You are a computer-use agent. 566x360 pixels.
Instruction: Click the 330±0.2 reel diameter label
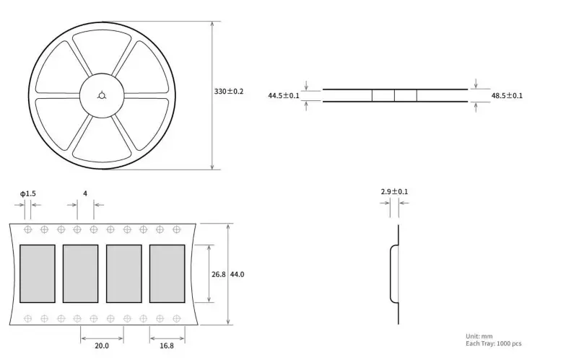click(228, 91)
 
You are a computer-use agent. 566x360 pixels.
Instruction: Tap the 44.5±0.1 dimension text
click(283, 95)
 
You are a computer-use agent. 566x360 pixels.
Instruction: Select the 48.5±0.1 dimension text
click(507, 95)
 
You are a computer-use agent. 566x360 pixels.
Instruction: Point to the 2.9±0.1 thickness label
click(394, 192)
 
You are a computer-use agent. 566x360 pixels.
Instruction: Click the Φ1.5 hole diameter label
click(27, 193)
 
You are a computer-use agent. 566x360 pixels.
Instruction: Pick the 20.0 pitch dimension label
click(102, 346)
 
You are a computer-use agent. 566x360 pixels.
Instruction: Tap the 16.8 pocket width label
click(167, 346)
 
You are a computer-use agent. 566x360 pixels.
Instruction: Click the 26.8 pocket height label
click(218, 274)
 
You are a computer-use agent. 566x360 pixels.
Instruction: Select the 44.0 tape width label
click(237, 274)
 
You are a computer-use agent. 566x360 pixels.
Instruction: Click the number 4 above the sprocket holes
click(85, 193)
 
